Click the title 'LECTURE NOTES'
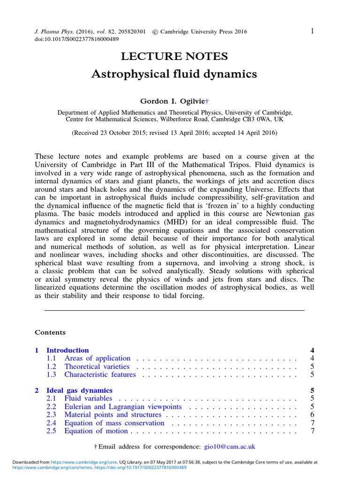[x=174, y=57]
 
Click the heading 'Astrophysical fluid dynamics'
[x=174, y=74]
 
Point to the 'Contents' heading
[x=50, y=332]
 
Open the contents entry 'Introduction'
[x=67, y=350]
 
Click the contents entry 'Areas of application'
[x=97, y=359]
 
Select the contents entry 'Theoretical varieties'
[x=97, y=367]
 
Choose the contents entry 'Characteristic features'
[x=100, y=375]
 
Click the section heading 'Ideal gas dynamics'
[x=79, y=390]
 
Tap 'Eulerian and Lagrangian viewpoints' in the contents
[x=123, y=407]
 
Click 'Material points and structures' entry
[x=112, y=415]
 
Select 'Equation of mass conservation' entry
[x=114, y=423]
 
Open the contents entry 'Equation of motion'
[x=96, y=431]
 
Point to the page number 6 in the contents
[x=312, y=415]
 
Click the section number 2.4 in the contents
[x=51, y=423]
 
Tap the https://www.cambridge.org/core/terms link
[x=52, y=467]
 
